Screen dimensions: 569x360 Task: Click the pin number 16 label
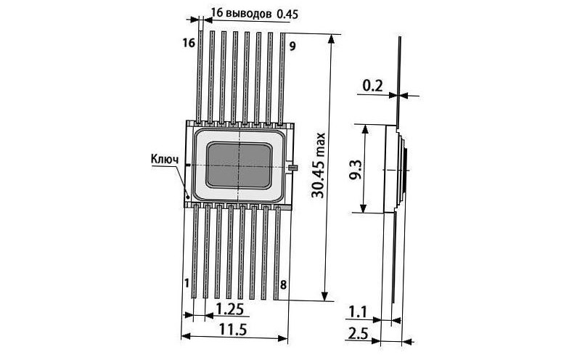pos(189,44)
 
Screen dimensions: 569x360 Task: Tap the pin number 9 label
pos(292,46)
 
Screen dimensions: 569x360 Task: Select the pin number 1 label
pos(187,283)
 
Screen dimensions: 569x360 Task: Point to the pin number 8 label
pos(283,285)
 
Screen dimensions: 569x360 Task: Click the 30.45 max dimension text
pos(318,165)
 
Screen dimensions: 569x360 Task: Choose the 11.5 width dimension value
pos(232,330)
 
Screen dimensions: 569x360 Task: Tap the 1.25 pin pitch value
pos(229,309)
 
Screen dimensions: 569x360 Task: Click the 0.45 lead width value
pos(287,15)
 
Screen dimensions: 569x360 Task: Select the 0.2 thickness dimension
pos(373,86)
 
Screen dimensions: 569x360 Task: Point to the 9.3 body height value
pos(356,169)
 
